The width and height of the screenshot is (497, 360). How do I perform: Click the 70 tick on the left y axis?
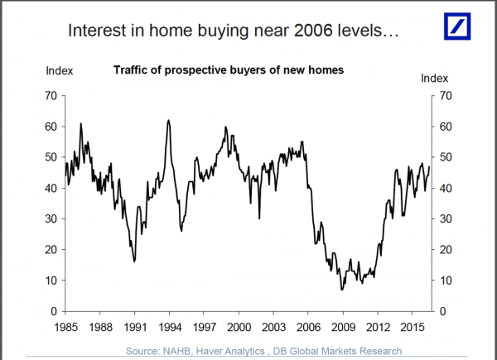50,96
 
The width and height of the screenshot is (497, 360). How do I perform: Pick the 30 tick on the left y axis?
50,218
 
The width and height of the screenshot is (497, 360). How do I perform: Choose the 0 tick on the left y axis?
52,311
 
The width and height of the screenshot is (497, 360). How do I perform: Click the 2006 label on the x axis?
308,327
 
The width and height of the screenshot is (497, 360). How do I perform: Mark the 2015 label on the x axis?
413,327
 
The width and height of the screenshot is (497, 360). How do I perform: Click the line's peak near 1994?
168,120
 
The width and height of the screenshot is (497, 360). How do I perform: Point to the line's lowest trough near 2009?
341,289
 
